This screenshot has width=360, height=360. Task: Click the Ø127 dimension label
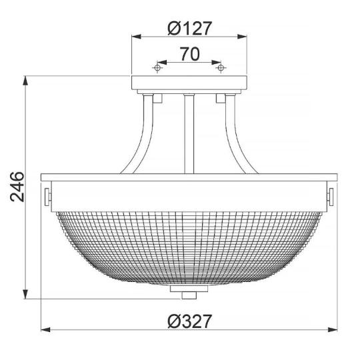point(189,29)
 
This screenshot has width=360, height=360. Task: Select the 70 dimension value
point(189,55)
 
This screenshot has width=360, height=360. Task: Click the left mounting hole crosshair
point(158,67)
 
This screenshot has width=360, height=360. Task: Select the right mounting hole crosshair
point(220,67)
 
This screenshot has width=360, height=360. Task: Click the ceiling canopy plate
point(189,85)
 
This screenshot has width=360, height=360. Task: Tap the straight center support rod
point(189,133)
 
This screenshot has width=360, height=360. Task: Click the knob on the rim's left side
point(47,196)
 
